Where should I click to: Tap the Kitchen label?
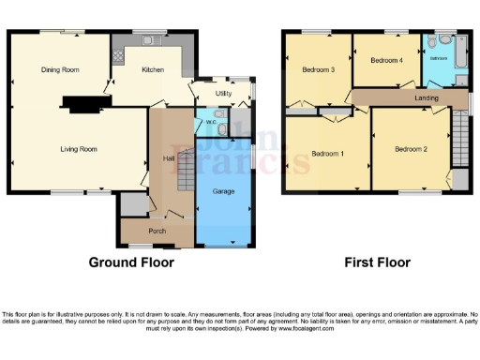(x=153, y=69)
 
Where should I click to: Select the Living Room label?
(x=80, y=148)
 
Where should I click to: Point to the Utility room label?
(x=223, y=95)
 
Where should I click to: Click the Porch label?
(x=157, y=231)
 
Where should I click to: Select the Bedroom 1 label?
(x=327, y=153)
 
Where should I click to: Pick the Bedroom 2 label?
(x=411, y=149)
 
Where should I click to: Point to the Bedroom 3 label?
(x=318, y=70)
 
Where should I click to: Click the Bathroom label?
(x=439, y=58)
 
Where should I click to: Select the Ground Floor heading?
(x=131, y=262)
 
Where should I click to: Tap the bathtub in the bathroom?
(x=462, y=56)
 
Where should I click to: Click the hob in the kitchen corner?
(x=118, y=56)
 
